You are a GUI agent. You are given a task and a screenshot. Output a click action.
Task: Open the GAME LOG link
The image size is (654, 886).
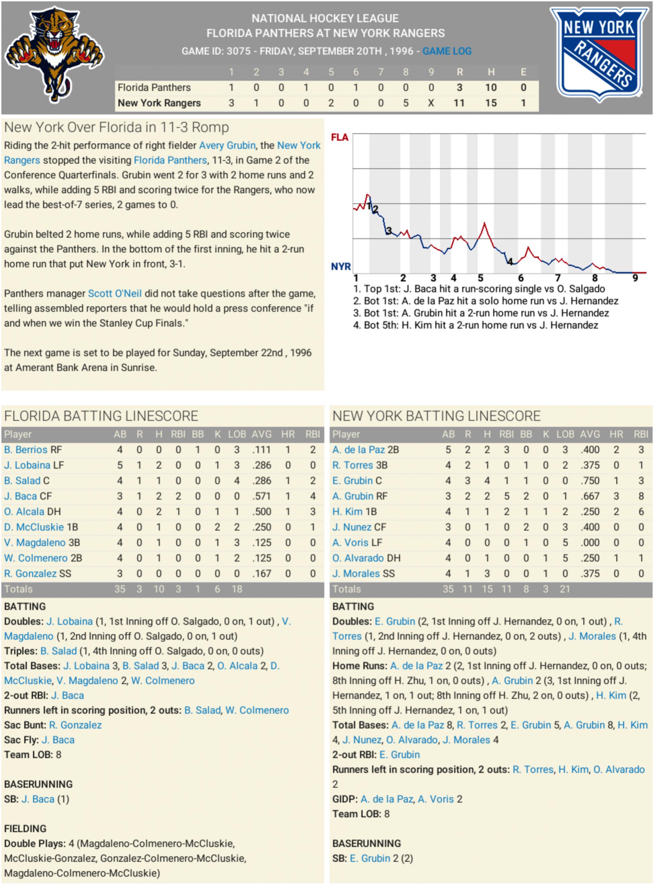447,51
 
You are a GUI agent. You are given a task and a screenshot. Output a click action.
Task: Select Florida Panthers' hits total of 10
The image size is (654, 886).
490,88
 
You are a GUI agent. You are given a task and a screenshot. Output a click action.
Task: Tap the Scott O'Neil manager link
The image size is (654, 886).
114,294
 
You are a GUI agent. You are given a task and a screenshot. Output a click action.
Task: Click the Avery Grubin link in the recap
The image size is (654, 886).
227,145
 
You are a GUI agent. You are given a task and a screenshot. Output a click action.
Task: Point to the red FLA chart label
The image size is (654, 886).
339,137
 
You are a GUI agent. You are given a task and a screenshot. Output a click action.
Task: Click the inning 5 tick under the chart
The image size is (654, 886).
480,278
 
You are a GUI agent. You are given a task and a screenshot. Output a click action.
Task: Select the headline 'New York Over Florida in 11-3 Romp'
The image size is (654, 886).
116,128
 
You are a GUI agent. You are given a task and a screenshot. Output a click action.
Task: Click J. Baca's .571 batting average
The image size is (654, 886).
261,496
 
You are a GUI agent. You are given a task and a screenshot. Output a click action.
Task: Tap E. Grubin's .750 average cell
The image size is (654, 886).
589,481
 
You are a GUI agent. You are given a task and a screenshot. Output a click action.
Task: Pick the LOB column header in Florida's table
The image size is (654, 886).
237,434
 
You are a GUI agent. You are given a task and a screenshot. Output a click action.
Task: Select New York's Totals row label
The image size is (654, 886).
346,589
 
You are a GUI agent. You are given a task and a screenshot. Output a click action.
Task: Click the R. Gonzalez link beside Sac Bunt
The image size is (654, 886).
75,725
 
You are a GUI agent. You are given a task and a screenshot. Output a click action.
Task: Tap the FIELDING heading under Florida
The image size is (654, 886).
25,828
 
